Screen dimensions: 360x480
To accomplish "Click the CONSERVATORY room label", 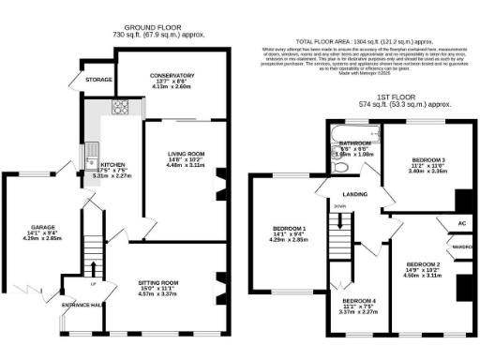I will pos(172,75).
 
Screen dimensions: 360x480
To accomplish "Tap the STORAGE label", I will pos(98,81).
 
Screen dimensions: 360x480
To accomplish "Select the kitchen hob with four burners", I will pos(121,107).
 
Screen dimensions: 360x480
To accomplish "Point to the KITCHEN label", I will pos(112,163).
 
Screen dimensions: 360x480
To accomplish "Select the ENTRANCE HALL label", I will pos(82,306).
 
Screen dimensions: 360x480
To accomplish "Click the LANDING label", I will pos(354,194).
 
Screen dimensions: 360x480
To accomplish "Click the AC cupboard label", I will pos(461,225).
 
